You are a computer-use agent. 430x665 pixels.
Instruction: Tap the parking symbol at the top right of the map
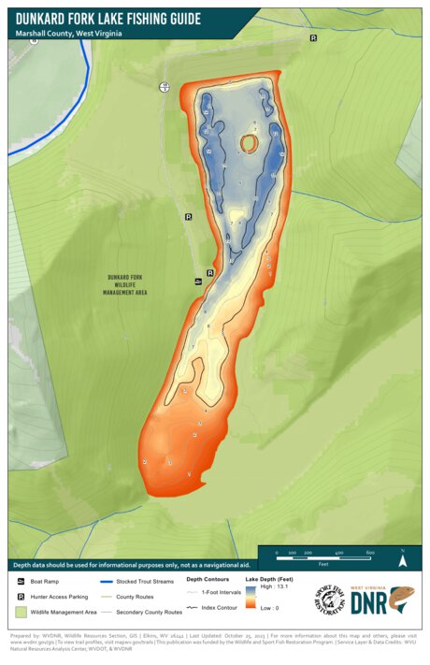(313, 38)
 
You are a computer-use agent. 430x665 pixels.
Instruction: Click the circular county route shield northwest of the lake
(165, 87)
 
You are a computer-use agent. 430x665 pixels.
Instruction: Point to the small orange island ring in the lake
(250, 142)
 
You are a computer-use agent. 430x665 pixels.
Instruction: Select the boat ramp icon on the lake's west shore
(198, 281)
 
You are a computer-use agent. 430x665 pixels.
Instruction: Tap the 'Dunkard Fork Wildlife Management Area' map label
(129, 284)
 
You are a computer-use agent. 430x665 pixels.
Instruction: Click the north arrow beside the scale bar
(402, 561)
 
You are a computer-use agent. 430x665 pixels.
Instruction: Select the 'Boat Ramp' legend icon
(21, 582)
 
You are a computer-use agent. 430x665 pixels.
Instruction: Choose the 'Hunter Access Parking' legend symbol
(21, 596)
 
